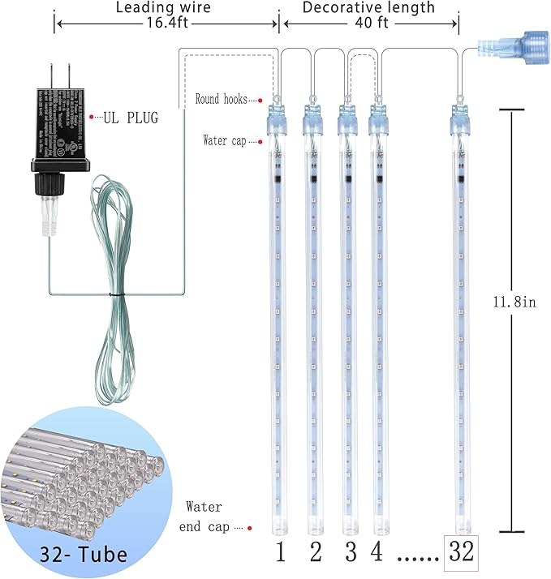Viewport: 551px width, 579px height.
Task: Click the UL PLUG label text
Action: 130,118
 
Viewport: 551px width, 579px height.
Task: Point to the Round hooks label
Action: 220,99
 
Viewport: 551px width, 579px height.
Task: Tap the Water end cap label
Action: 208,517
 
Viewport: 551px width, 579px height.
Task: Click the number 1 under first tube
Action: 280,553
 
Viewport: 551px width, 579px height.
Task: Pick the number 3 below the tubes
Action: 351,553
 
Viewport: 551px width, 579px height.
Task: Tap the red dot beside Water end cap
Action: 250,528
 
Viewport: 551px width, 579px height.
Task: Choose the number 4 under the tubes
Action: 377,553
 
